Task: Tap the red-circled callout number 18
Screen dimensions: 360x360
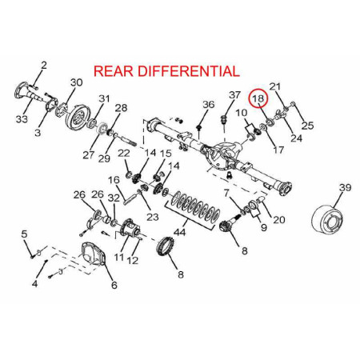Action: point(258,98)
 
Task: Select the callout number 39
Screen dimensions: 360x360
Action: point(345,187)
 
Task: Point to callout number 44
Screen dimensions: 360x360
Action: point(179,232)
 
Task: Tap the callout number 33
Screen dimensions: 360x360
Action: point(22,119)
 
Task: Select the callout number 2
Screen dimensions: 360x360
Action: point(44,66)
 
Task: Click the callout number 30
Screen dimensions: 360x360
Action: point(77,82)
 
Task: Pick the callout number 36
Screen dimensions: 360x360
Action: point(208,104)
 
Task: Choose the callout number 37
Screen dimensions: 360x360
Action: point(234,94)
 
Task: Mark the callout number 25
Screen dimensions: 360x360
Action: point(307,126)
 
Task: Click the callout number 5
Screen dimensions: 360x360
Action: point(24,234)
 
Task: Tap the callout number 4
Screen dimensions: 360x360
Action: point(34,283)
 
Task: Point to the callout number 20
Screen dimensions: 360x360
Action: point(279,220)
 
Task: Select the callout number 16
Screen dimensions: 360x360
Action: point(114,180)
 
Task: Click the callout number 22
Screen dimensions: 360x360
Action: point(124,154)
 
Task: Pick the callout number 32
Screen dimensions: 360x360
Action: point(114,198)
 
